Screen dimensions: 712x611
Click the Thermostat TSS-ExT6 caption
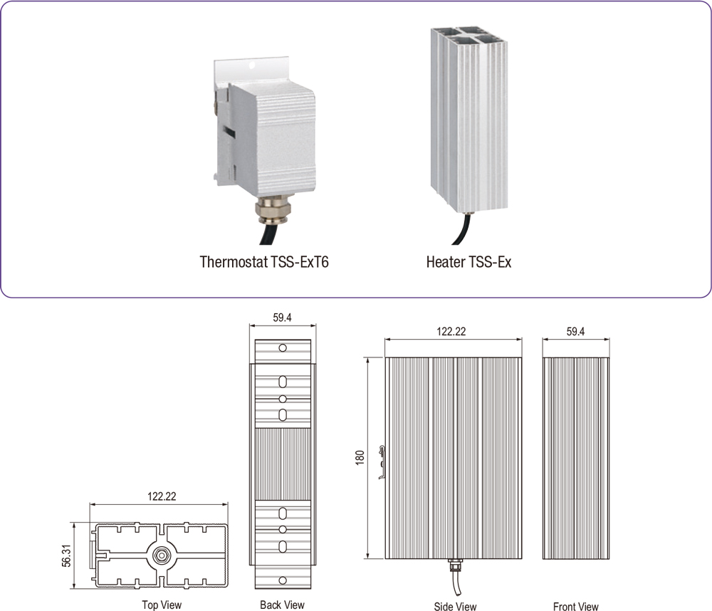pos(264,262)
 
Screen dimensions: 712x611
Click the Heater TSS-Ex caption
pos(468,262)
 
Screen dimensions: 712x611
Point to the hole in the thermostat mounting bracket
pos(251,66)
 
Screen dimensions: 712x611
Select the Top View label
pos(162,605)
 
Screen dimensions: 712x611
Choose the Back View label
pos(282,605)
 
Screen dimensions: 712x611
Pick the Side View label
pos(455,607)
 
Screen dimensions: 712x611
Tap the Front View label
pos(576,607)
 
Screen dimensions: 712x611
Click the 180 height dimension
pos(360,457)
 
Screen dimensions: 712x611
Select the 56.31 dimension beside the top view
pos(66,555)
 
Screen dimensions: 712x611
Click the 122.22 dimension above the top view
pos(162,496)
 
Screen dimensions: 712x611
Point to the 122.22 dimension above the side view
pos(451,331)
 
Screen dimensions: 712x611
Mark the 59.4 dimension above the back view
pos(282,318)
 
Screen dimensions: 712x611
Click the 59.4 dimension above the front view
pos(575,331)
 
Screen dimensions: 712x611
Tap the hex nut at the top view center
pos(160,555)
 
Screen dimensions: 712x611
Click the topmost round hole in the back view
pos(283,348)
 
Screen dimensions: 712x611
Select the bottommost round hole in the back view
pos(283,580)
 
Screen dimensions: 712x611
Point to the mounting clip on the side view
pos(382,462)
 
